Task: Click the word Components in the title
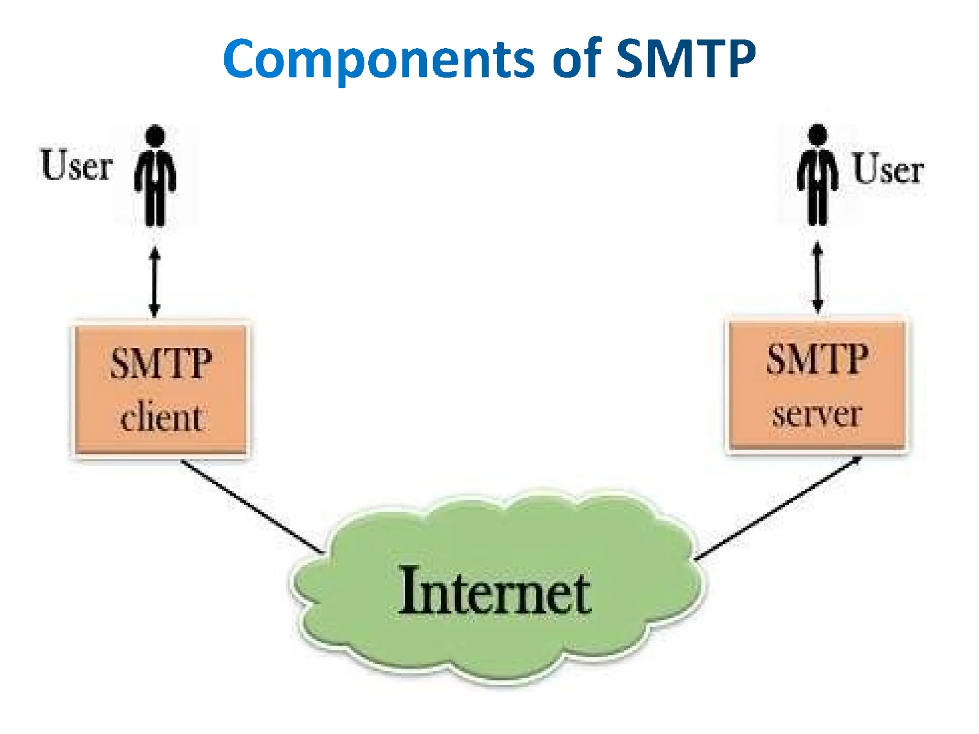(x=378, y=60)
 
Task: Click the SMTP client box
(x=161, y=389)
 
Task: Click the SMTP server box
(x=817, y=385)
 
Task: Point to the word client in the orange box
(x=161, y=418)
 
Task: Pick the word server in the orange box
(x=817, y=414)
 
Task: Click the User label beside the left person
(x=76, y=165)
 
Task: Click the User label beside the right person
(x=888, y=168)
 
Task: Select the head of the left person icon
(x=155, y=135)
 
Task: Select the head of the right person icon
(x=817, y=134)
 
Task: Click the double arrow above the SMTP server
(x=817, y=278)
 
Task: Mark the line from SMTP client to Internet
(x=252, y=507)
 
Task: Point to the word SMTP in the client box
(x=161, y=364)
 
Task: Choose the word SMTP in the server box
(x=817, y=359)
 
